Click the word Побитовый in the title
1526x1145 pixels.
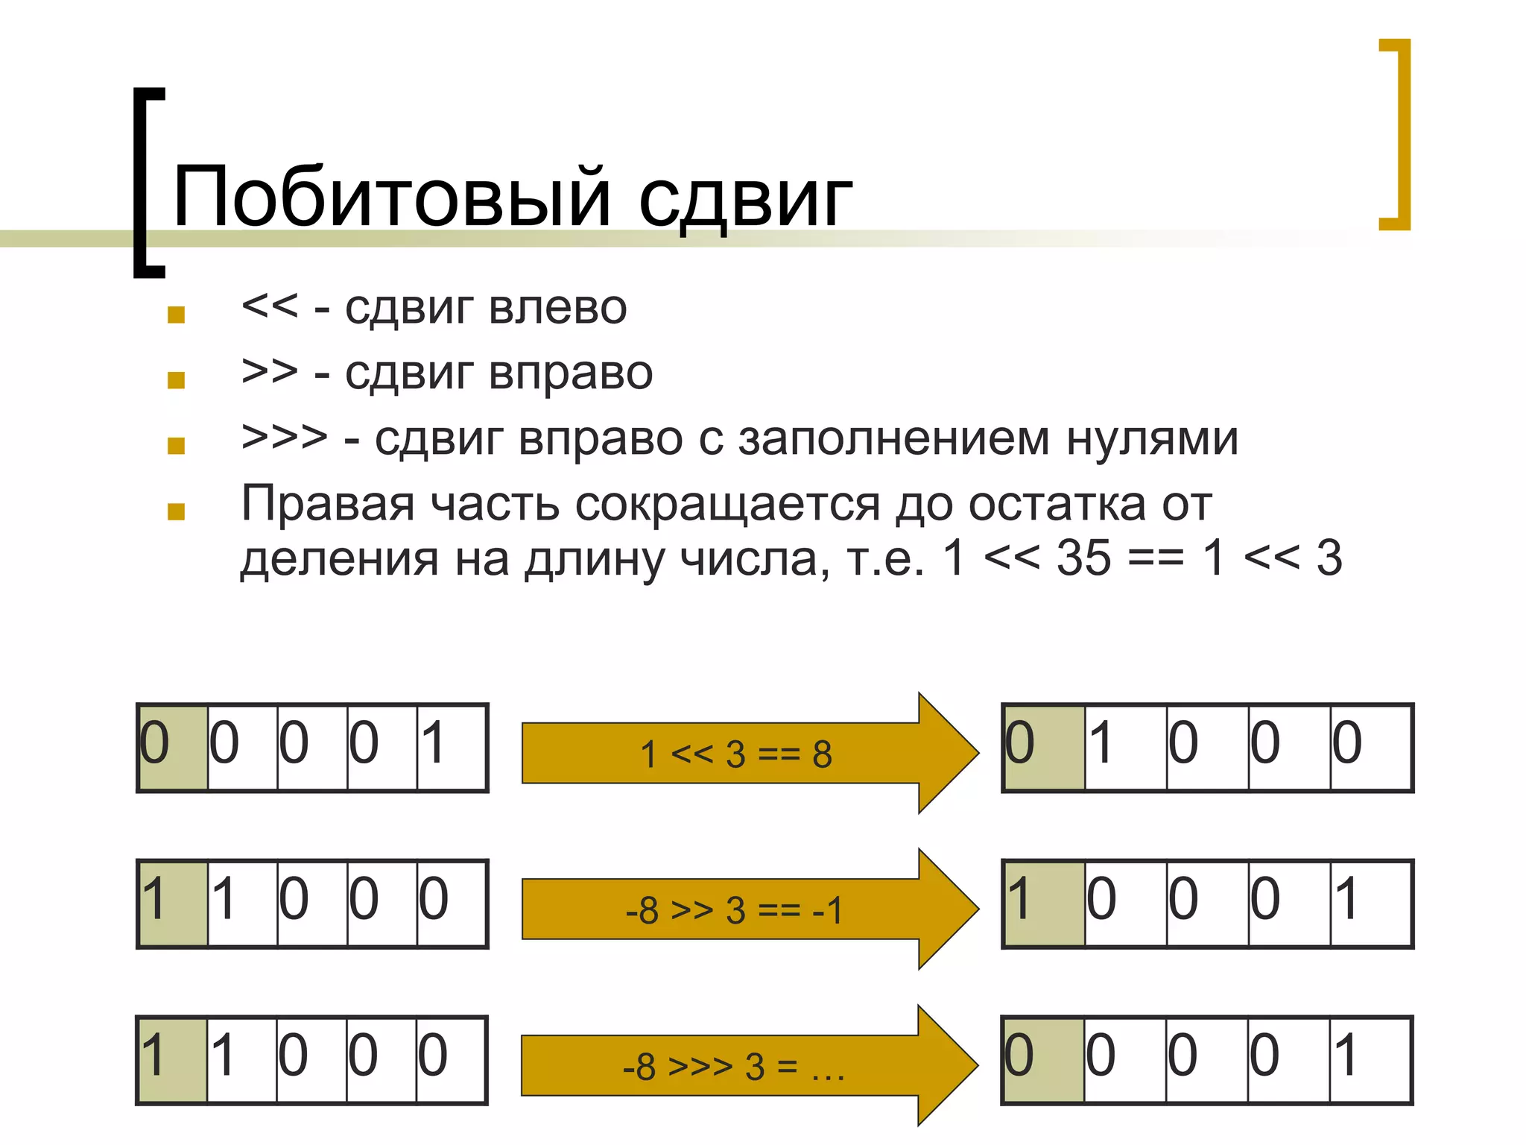(391, 195)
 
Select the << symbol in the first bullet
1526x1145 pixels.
(269, 306)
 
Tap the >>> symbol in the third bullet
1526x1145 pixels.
(284, 437)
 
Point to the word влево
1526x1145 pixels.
(559, 307)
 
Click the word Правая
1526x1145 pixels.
(328, 504)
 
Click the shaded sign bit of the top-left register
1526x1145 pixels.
(173, 747)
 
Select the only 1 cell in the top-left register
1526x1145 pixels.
(452, 747)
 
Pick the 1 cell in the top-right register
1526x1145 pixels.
(1125, 747)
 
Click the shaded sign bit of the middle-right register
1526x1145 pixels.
(1044, 903)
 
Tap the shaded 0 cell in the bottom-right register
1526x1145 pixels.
(1044, 1060)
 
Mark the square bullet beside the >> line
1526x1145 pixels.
(177, 380)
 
